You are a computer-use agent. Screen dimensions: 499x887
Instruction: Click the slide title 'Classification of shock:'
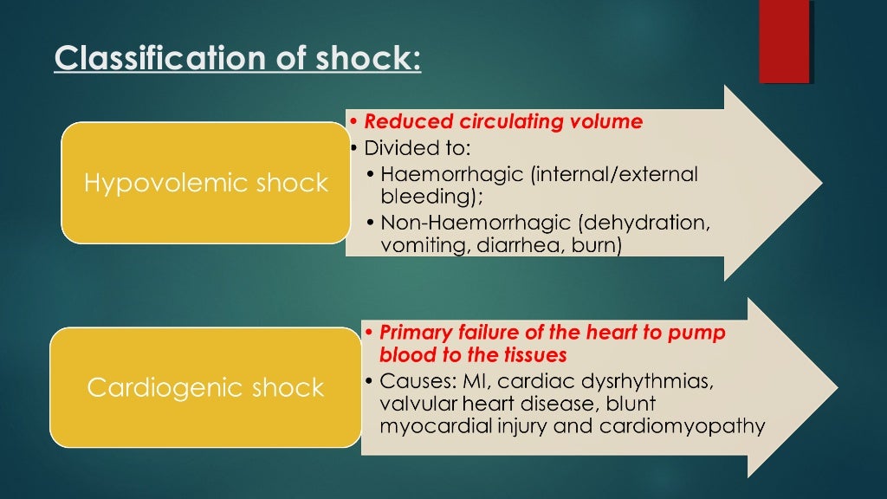click(237, 58)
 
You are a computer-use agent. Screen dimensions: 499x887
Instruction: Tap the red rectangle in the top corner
click(784, 41)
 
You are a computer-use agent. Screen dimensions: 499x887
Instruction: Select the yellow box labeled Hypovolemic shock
click(205, 183)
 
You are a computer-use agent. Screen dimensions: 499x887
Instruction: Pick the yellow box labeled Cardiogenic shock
click(205, 387)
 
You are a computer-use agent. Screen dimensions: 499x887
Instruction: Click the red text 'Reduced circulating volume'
click(503, 121)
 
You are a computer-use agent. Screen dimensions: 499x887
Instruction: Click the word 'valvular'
click(413, 404)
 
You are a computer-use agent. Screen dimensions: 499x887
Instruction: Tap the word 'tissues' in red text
click(534, 355)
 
